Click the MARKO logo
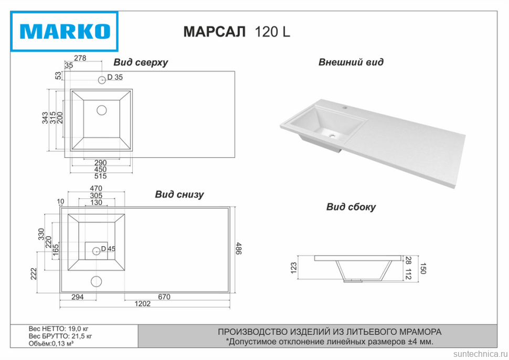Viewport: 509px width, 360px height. tap(66, 31)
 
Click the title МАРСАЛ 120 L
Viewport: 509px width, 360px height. tap(237, 32)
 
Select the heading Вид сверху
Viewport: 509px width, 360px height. tap(141, 62)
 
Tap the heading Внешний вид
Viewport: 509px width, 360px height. tap(351, 62)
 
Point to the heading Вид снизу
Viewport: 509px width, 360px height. tap(179, 195)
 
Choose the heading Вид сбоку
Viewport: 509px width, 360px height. tap(351, 207)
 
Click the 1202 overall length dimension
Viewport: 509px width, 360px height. tap(143, 303)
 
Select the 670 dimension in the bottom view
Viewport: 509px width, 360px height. tap(164, 297)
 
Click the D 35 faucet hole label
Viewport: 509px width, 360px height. tap(115, 78)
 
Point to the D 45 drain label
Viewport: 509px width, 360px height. tap(108, 249)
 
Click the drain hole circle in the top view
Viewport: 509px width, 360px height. tap(102, 110)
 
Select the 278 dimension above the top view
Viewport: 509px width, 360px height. tap(80, 58)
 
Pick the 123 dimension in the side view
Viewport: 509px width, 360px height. tap(294, 268)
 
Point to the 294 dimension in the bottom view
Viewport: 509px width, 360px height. tap(77, 297)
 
